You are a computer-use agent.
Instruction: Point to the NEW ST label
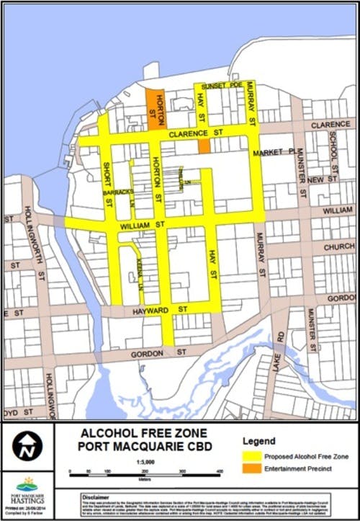click(324, 178)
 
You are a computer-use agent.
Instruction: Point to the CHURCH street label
click(338, 246)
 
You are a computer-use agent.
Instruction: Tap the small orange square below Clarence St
click(204, 146)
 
